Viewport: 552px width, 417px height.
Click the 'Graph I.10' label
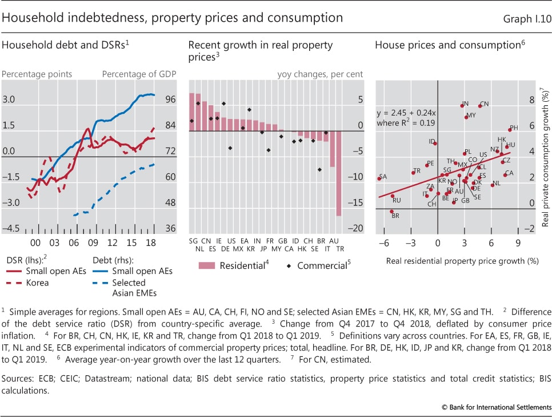[x=527, y=18]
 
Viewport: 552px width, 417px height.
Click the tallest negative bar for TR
[x=338, y=174]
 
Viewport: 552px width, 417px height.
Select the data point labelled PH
[x=510, y=130]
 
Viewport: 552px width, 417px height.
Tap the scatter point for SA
[x=379, y=178]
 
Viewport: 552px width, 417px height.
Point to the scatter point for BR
[x=392, y=212]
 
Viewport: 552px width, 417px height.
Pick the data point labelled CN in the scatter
[x=480, y=106]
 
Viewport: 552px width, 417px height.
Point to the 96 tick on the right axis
[x=169, y=100]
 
